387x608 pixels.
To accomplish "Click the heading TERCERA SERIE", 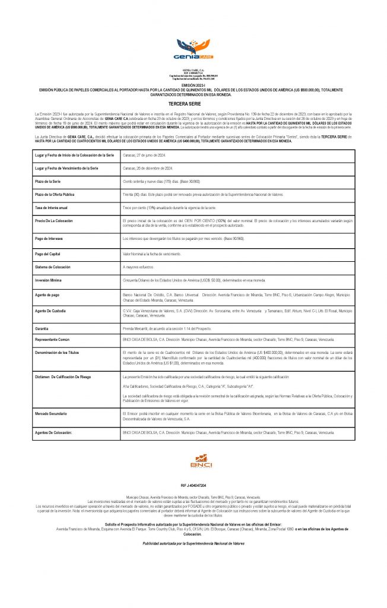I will [x=193, y=103].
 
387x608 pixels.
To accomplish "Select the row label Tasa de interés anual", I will [x=52, y=207].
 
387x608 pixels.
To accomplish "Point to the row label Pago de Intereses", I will [x=49, y=238].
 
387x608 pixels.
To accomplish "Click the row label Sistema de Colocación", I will [x=53, y=267].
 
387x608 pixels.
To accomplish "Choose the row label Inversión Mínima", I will [x=49, y=280].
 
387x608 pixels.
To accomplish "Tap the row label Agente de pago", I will [x=48, y=295].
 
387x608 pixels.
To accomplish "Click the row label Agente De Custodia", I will [x=51, y=311].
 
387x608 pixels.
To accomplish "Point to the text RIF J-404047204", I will [x=193, y=484].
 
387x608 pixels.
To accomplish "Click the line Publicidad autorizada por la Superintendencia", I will [x=193, y=543].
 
